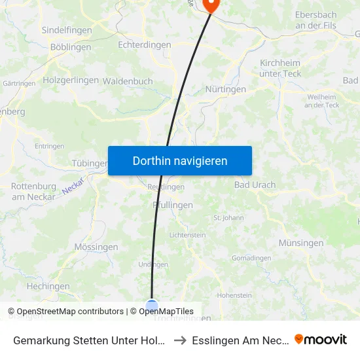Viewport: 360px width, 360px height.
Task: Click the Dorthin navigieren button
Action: click(180, 160)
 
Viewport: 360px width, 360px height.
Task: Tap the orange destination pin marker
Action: click(211, 5)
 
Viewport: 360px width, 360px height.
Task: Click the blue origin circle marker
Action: click(152, 306)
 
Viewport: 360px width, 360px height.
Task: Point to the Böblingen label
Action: click(71, 47)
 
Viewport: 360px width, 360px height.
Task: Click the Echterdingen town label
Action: click(144, 45)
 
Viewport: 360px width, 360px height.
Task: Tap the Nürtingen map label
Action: click(225, 89)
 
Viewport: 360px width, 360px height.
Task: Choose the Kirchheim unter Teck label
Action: click(281, 68)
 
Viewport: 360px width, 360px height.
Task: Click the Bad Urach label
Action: click(255, 185)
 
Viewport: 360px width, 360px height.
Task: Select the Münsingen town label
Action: click(300, 243)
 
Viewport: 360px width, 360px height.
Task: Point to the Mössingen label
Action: click(96, 247)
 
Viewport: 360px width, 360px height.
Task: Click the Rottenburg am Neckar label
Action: click(33, 191)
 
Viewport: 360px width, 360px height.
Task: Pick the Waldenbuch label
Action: click(128, 81)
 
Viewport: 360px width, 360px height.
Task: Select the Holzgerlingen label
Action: click(71, 80)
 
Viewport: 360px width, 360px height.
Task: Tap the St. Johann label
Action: click(228, 218)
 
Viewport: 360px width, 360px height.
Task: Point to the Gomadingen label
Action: click(251, 258)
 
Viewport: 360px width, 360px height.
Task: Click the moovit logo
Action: click(321, 339)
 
